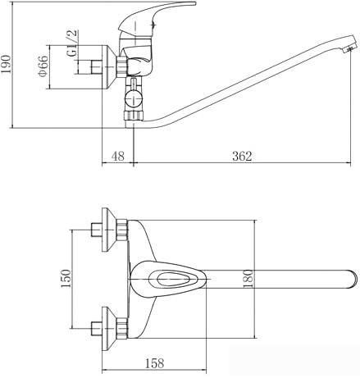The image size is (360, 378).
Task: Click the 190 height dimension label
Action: coord(6,64)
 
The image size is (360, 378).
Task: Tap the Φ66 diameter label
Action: coord(43,66)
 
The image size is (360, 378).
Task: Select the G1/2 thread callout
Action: coord(72,43)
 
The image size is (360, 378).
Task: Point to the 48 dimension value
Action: coord(118,156)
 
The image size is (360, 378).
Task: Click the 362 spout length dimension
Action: coord(242,156)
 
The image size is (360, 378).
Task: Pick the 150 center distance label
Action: coord(66,279)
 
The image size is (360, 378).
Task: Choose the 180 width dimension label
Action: coord(248,279)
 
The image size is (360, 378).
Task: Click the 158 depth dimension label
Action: coord(155,363)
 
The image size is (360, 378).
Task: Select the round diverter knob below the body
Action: coord(134,98)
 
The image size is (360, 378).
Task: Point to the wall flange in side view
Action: coord(110,67)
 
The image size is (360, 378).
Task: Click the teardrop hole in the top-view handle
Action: coord(170,279)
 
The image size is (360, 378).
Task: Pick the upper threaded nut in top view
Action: coord(122,230)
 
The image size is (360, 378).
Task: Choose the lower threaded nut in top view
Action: coord(122,328)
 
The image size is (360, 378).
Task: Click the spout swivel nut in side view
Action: coord(134,116)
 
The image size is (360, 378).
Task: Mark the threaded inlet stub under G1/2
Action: coord(96,67)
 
